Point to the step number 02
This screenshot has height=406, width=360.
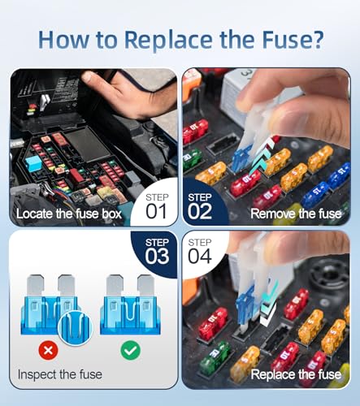coord(200,211)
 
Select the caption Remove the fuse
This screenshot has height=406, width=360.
coord(296,214)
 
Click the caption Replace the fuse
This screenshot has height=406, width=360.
coord(296,374)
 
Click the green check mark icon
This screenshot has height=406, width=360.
coord(131,350)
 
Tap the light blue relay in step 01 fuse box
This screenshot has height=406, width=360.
coord(35,162)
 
